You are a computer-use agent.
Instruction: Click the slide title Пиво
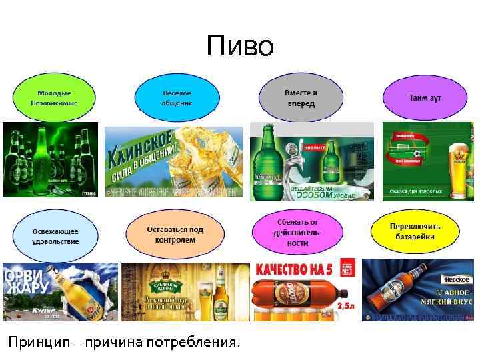pos(240,46)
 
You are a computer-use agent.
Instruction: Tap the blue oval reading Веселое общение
pos(177,99)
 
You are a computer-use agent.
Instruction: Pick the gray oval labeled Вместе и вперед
pos(301,98)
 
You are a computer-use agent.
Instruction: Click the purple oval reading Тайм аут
pos(425,98)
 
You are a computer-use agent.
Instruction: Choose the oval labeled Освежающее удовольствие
pos(55,235)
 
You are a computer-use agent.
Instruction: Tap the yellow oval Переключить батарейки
pos(415,231)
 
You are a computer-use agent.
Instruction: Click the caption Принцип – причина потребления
pos(123,343)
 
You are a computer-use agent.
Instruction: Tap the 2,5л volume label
pos(345,306)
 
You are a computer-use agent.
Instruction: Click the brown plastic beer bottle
pos(300,297)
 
